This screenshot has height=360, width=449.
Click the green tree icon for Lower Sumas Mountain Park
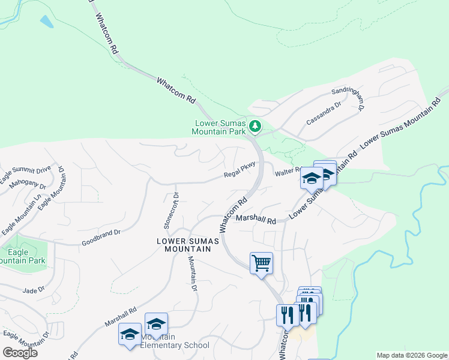(x=256, y=125)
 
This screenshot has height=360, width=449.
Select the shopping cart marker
(x=261, y=262)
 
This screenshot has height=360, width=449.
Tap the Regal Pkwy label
(x=240, y=170)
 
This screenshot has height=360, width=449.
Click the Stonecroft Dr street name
(x=172, y=211)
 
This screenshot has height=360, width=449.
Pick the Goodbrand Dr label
(x=101, y=237)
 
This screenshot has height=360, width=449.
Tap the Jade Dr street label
(x=34, y=290)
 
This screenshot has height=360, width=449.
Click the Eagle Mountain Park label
(x=22, y=257)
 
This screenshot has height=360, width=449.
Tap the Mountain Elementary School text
(x=175, y=341)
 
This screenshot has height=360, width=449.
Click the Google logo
(x=19, y=353)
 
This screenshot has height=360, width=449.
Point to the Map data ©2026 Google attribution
(x=412, y=355)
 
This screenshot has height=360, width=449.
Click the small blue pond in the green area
(x=46, y=22)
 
